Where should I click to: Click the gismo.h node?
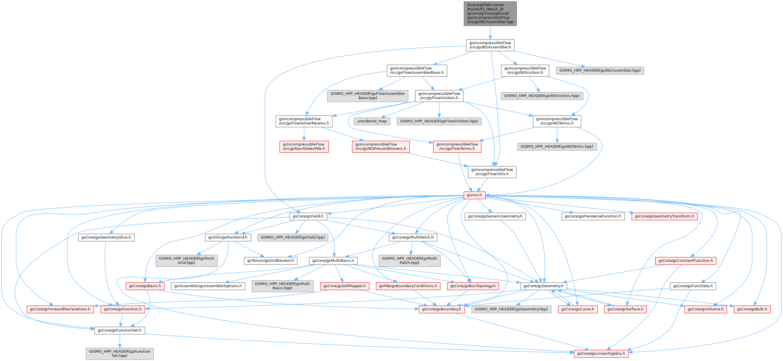474,195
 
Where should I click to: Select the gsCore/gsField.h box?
308,216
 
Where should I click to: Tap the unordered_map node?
372,121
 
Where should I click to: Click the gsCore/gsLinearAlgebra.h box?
601,354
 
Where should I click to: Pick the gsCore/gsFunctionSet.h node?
120,330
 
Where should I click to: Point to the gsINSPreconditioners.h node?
381,146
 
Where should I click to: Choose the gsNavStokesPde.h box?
304,146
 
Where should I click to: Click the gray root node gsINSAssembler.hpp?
490,13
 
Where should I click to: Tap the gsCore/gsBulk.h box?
752,309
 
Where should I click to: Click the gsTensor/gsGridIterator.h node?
270,261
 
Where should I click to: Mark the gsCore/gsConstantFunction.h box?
685,261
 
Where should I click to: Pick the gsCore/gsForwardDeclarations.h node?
60,309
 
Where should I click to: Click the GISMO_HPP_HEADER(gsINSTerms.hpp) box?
557,146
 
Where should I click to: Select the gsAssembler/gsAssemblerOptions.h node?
208,286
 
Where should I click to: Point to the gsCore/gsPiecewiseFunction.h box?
593,216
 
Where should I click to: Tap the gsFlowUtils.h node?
492,172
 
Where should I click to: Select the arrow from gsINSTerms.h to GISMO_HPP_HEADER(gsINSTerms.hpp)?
557,135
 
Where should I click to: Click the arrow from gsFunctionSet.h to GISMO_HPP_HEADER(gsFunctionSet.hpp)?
120,341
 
